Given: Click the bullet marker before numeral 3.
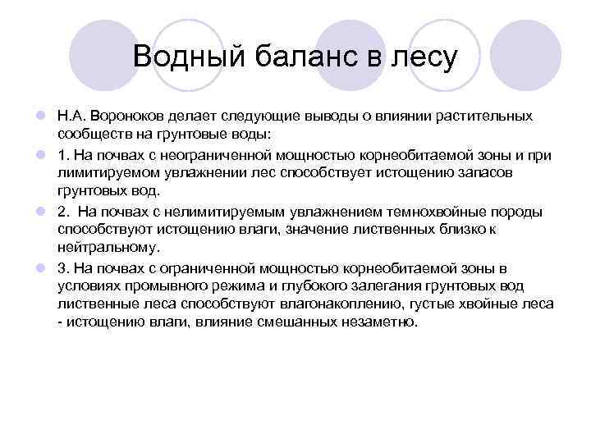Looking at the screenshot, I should [39, 268].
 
